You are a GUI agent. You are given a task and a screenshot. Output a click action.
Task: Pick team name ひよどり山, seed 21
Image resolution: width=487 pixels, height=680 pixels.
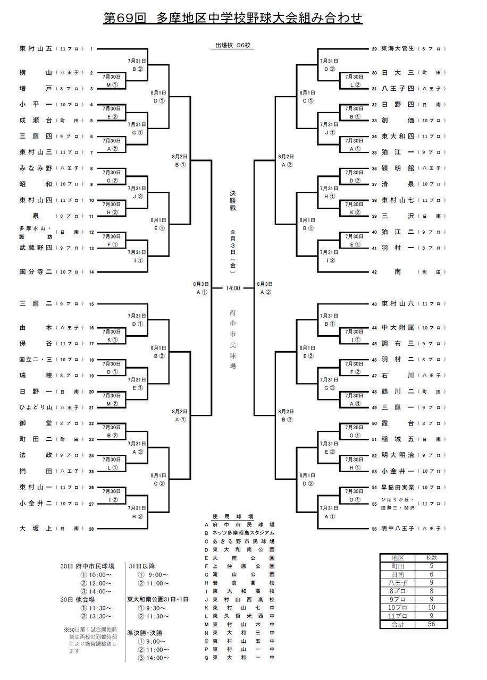36,407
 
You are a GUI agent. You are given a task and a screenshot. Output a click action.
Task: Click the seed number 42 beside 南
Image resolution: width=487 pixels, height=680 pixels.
374,272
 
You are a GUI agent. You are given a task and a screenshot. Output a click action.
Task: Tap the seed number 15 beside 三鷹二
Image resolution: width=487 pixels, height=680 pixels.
91,304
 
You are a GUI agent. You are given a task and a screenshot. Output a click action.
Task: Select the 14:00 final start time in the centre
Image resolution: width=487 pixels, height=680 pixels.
233,288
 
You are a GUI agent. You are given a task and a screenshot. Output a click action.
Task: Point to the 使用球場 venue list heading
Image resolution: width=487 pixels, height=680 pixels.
240,516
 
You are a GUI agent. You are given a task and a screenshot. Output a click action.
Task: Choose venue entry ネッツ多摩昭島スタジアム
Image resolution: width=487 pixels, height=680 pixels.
243,532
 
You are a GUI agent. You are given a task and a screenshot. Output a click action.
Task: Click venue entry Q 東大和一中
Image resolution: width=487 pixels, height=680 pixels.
243,658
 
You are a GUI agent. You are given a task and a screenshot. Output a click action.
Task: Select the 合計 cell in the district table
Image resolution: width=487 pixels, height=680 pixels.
398,624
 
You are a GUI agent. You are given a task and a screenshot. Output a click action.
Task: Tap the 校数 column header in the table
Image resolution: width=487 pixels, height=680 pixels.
432,558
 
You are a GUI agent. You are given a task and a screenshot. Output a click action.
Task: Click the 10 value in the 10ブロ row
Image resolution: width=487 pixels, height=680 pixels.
432,607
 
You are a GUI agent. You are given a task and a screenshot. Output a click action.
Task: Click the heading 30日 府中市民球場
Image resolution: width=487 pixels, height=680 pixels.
86,566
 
